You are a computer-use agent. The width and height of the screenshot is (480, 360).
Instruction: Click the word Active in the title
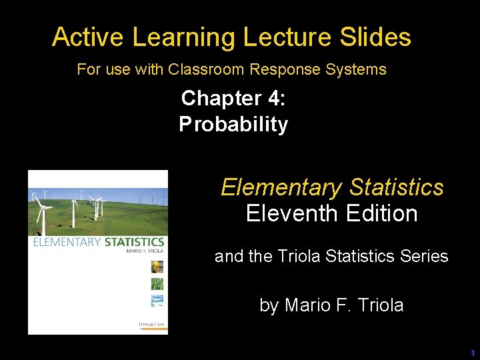(89, 37)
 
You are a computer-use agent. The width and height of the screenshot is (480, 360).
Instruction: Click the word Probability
(233, 125)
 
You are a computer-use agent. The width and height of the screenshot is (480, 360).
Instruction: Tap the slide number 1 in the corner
(472, 353)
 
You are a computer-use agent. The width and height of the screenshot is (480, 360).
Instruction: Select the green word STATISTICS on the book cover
(134, 242)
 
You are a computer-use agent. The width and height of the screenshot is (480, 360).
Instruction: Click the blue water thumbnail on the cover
(157, 301)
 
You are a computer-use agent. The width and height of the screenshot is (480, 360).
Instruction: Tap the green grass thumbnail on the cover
(157, 284)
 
